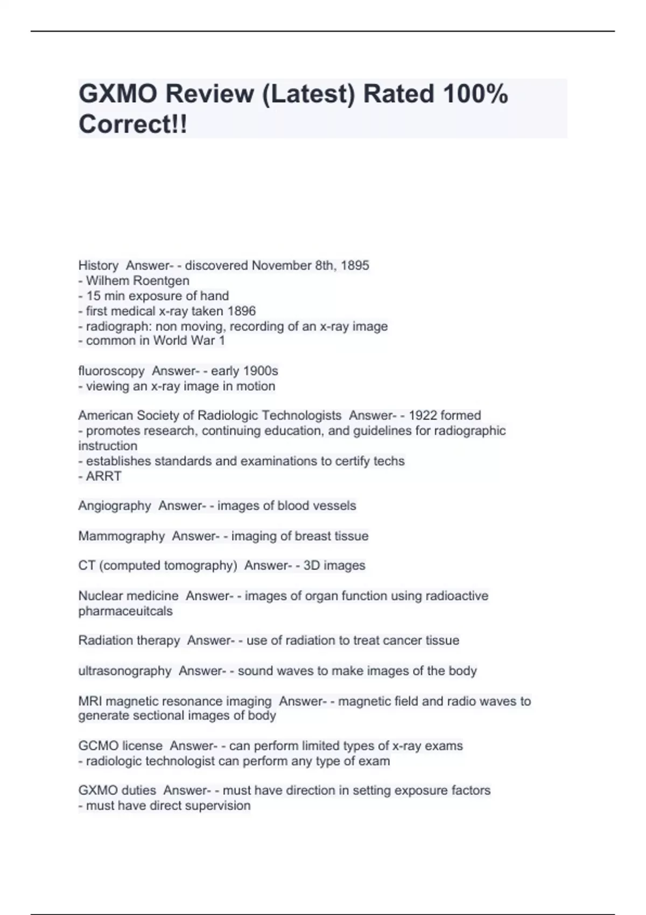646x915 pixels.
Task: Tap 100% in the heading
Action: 475,94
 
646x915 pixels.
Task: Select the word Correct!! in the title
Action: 133,124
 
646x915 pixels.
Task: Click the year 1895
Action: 355,265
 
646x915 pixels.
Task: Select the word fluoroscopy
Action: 111,371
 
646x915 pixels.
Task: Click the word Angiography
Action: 115,506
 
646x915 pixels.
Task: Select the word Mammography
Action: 122,536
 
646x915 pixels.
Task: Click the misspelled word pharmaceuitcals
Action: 125,611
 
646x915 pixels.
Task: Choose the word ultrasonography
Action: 125,671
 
